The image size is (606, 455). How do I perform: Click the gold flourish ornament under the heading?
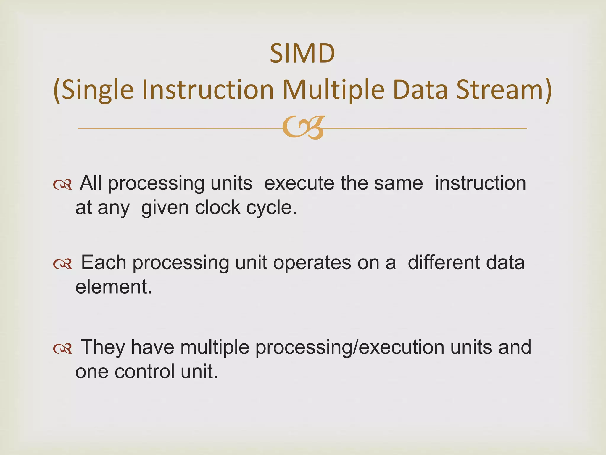click(x=303, y=128)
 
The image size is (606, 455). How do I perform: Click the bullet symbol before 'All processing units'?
click(x=63, y=185)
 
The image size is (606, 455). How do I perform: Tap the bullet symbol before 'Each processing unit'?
click(x=63, y=264)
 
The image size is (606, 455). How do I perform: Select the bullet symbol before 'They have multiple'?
click(x=63, y=349)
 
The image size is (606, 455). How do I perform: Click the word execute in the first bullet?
click(x=299, y=183)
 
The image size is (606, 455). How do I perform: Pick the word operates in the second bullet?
click(x=312, y=263)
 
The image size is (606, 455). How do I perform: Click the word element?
click(x=113, y=287)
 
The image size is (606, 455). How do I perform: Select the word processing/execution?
click(x=349, y=347)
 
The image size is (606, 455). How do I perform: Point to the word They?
click(x=103, y=347)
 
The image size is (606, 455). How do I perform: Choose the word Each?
click(x=104, y=262)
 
